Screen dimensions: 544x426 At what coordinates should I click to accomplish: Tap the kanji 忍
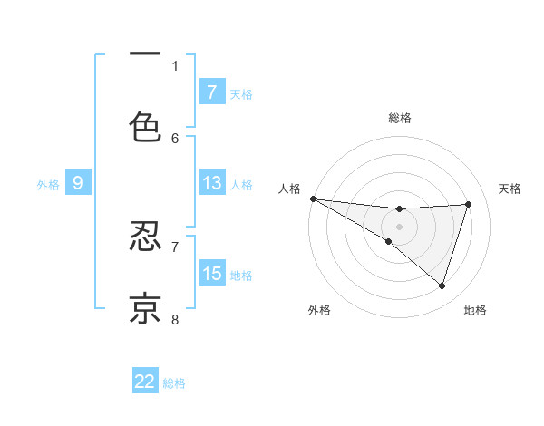coord(145,237)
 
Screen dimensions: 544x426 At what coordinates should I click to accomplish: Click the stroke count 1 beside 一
coord(175,65)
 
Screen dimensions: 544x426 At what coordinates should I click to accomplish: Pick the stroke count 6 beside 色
coord(175,138)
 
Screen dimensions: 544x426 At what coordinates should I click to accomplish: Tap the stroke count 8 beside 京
coord(175,319)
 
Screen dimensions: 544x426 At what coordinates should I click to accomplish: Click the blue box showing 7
coord(211,92)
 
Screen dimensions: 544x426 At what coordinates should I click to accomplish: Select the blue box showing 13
coord(211,183)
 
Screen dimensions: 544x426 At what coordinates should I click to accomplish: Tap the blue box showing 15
coord(211,273)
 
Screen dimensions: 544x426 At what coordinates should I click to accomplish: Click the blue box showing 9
coord(78,183)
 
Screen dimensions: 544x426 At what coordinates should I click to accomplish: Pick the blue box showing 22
coord(145,382)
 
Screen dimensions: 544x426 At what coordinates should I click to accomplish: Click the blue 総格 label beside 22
coord(174,383)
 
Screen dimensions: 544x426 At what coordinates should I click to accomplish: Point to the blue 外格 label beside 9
coord(48,185)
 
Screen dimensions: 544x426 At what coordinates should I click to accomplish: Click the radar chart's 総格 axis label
coord(399,118)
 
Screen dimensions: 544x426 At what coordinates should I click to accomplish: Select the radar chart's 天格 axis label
coord(510,189)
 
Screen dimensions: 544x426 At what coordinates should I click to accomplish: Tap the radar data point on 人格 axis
coord(313,198)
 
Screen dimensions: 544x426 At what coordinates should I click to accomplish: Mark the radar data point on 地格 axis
coord(442,286)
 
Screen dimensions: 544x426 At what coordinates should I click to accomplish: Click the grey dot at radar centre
coord(399,226)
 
